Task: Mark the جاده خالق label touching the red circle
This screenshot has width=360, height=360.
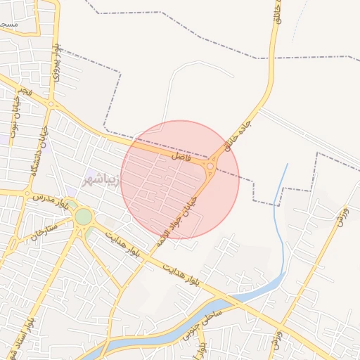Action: pyautogui.click(x=237, y=134)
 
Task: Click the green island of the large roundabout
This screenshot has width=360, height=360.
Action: pyautogui.click(x=84, y=217)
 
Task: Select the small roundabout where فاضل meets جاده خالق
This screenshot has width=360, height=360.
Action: pyautogui.click(x=210, y=166)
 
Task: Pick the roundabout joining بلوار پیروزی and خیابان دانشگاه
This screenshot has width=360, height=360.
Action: pyautogui.click(x=50, y=105)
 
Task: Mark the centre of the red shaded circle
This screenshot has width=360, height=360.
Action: pyautogui.click(x=180, y=179)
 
